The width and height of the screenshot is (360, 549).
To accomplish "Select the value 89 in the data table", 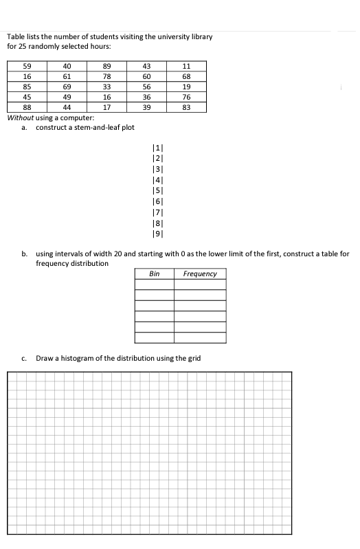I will point(106,66).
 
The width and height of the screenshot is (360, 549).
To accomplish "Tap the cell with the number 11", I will point(186,66).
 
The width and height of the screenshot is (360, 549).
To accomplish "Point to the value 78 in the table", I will point(106,76).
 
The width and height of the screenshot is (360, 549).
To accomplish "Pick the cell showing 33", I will point(106,87).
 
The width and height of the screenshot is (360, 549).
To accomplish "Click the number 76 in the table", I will point(186,97).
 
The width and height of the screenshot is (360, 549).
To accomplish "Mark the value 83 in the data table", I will point(186,107).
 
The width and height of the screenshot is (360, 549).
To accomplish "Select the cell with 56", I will point(146,87).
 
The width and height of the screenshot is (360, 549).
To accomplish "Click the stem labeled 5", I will point(156,190).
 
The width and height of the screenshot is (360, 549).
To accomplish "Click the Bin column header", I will point(155,273).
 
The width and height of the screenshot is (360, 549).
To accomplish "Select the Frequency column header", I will point(200,273).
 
